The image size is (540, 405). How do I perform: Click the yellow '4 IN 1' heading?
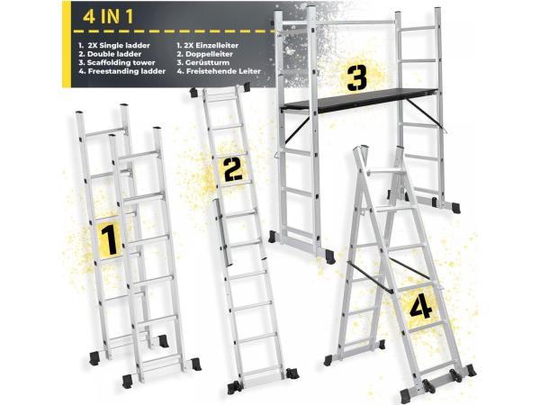(x=109, y=17)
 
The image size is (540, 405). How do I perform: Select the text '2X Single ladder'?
(x=119, y=45)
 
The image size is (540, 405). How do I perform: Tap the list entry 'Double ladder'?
(x=114, y=54)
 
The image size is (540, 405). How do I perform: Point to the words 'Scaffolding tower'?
(x=121, y=63)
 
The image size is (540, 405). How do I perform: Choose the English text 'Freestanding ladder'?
(x=127, y=71)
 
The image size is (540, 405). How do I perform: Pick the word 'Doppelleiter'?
(x=209, y=54)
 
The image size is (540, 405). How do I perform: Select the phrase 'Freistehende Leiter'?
(x=223, y=71)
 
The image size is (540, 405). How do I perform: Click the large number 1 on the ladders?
(x=109, y=239)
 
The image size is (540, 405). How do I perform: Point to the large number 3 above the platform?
(x=357, y=79)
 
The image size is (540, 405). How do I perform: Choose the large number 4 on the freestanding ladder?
(x=420, y=307)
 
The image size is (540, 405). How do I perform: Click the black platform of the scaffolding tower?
(x=359, y=100)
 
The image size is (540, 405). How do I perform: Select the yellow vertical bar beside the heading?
(x=66, y=44)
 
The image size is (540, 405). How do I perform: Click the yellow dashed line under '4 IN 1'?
(x=175, y=31)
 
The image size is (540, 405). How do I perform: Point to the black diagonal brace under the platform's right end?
(x=424, y=113)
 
